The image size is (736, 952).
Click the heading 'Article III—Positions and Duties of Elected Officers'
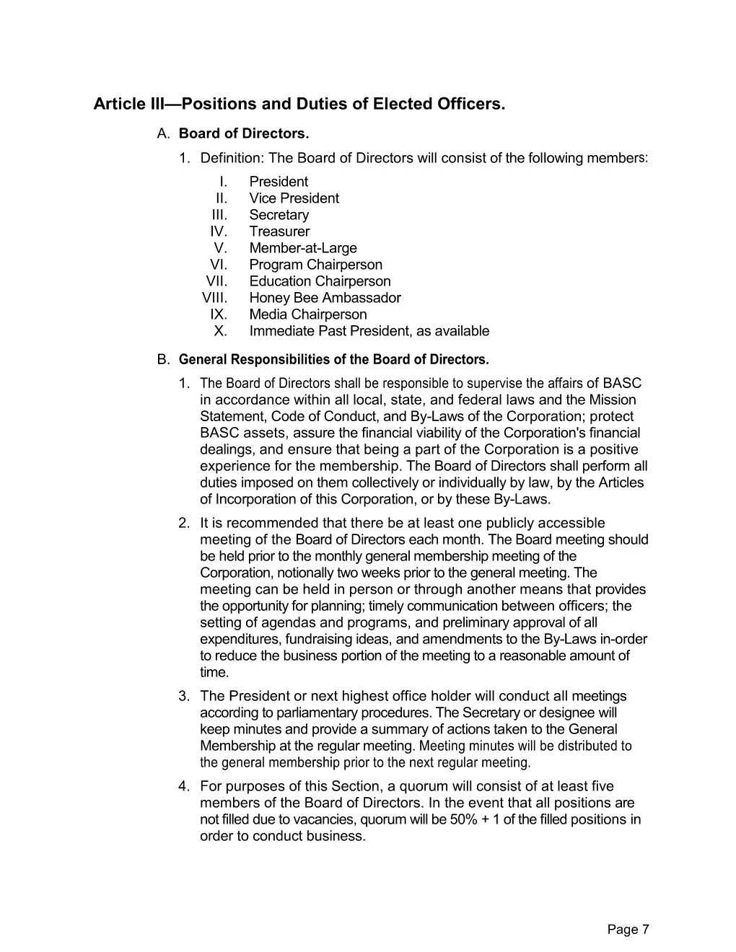coord(299,105)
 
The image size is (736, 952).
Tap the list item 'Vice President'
coord(294,198)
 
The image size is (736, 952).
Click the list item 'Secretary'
coord(279,215)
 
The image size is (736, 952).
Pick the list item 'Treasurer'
coord(279,232)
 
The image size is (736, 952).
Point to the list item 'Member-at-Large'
coord(303,248)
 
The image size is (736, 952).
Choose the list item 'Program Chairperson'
coord(315,265)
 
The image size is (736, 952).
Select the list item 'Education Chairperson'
coord(320,281)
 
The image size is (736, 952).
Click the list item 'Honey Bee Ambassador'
coord(325,298)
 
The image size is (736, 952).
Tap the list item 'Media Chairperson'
coord(307,314)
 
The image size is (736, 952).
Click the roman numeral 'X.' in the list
coord(221,331)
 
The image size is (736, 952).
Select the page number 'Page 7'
coord(628,930)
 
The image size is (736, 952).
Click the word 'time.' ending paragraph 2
coord(214,673)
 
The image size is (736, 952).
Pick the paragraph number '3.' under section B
coord(185,696)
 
